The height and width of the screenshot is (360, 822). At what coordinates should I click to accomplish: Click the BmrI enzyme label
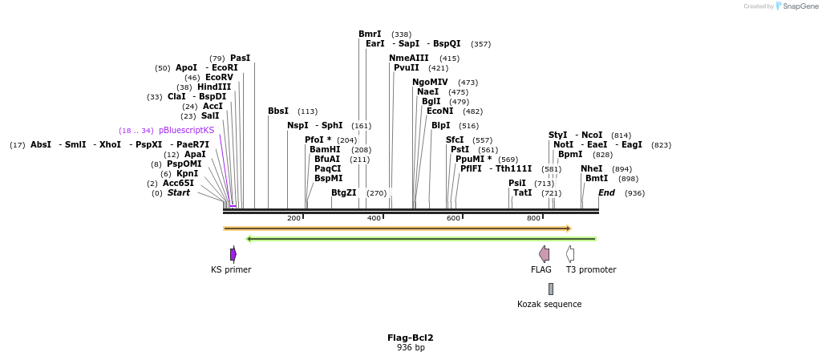coord(370,34)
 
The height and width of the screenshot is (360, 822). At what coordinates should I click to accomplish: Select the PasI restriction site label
coord(240,59)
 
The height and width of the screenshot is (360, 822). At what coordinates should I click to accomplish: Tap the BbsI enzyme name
coord(278,111)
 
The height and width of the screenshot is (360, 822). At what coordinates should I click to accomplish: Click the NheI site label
coord(591,169)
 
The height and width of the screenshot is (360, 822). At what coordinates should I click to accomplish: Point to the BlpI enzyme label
coord(441,126)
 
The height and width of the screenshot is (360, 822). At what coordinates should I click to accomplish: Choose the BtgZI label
coord(343,193)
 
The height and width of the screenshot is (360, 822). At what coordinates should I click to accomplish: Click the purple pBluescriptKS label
coord(186,131)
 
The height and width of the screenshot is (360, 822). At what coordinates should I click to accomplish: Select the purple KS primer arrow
coord(233,254)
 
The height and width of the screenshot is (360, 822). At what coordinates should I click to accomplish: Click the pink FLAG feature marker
coord(545,254)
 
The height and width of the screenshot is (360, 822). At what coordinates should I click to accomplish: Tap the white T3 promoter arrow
coord(570,254)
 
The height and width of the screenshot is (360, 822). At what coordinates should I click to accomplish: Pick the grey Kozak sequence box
coord(550,289)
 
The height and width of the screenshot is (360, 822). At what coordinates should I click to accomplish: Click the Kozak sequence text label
coord(549,305)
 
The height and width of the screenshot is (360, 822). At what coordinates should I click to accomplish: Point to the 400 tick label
coord(374,218)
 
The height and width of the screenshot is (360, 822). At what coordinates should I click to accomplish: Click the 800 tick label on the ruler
coord(533,218)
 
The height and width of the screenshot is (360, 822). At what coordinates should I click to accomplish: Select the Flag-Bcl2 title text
coord(411,338)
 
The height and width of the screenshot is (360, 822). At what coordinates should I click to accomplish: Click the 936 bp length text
coord(411,348)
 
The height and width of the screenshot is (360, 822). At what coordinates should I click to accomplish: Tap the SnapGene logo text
coord(798,6)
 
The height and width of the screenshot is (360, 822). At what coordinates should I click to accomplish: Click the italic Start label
coord(179,193)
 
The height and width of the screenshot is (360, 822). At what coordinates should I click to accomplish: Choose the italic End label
coord(606,193)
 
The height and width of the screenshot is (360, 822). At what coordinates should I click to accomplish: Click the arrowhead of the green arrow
coord(249,239)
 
